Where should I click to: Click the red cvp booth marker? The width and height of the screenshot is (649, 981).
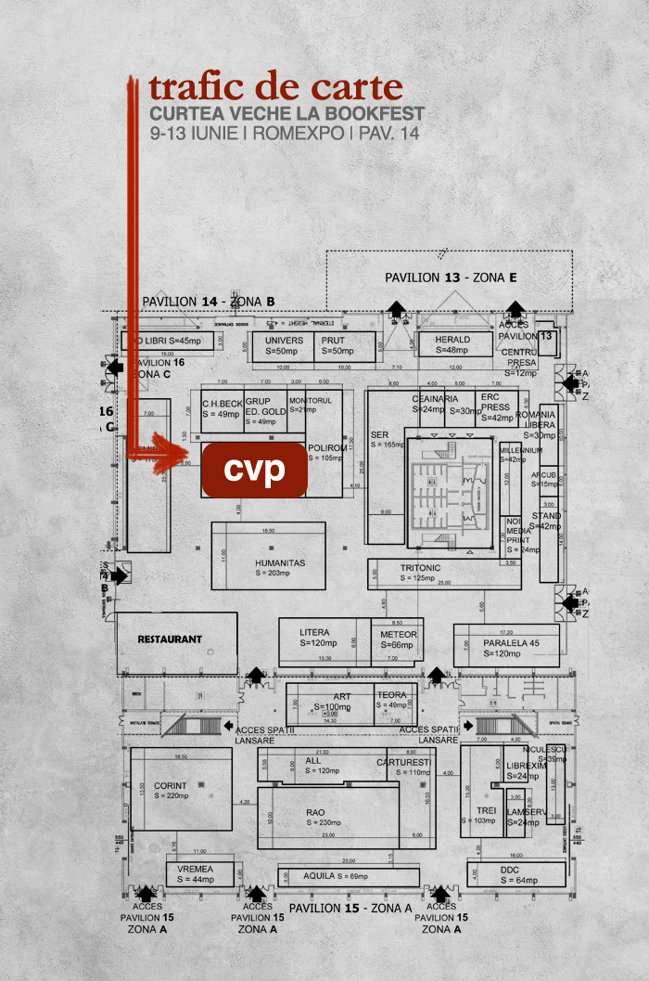tap(254, 471)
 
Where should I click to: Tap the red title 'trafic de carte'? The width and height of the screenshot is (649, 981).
tap(276, 87)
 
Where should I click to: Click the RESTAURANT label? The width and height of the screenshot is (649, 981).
tap(170, 639)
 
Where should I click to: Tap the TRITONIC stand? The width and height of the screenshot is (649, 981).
tap(421, 572)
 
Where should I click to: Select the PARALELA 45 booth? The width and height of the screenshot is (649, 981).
tap(510, 647)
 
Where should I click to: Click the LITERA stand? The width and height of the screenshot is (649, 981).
tap(315, 637)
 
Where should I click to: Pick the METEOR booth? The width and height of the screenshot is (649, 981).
tap(399, 639)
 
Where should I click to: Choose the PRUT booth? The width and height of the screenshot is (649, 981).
tap(333, 345)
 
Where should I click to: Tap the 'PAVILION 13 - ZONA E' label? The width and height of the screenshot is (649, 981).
tap(451, 278)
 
